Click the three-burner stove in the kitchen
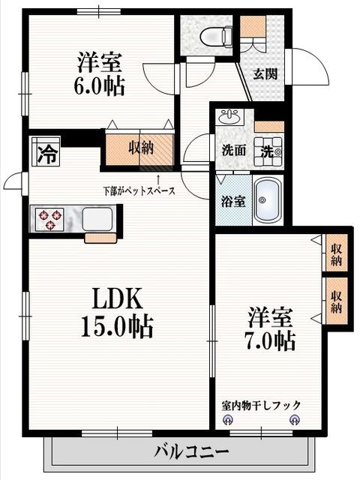(x=51, y=219)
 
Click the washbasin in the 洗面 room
(x=228, y=118)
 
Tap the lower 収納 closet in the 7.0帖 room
(x=336, y=300)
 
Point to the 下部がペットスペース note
(x=139, y=190)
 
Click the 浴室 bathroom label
(x=232, y=201)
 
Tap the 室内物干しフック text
(x=260, y=405)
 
